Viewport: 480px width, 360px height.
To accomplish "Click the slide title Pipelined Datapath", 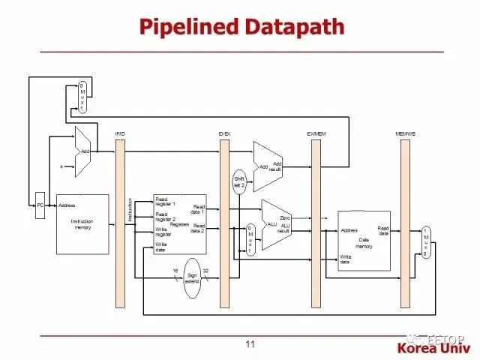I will (x=241, y=27).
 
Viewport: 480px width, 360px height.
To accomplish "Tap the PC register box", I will (x=40, y=205).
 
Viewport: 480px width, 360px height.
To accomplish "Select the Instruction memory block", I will (x=82, y=223).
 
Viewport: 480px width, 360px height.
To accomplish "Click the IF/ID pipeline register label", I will (x=120, y=133).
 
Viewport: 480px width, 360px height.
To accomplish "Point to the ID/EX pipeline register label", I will (x=224, y=133).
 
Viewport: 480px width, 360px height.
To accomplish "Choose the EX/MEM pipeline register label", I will (x=316, y=133).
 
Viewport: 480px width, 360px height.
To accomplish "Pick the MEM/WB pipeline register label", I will (x=406, y=133).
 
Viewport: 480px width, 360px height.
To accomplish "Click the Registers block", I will (x=179, y=223).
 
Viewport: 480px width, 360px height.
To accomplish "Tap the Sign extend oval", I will (x=192, y=277).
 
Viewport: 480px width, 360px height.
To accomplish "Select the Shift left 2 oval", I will (x=239, y=183).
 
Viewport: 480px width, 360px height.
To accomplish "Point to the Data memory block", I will (x=364, y=240).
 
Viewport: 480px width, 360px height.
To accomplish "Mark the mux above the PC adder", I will (x=82, y=97).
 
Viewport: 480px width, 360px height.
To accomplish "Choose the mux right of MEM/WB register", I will (x=426, y=243).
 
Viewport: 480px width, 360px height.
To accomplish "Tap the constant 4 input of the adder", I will (x=61, y=166).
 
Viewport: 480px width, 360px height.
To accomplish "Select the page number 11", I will (x=250, y=344).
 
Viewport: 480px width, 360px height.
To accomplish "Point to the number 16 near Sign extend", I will (x=175, y=270).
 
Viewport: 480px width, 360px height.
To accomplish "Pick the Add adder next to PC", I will (x=83, y=151).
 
